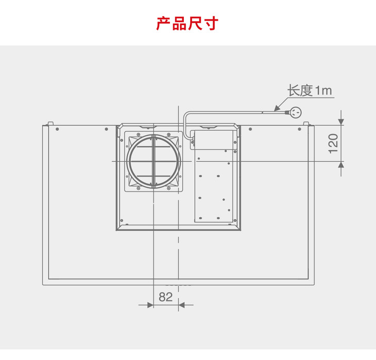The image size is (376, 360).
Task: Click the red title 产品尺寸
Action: [x=187, y=24]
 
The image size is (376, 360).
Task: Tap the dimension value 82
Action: [x=166, y=297]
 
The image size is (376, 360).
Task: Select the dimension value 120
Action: [x=333, y=144]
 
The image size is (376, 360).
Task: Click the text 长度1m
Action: [x=310, y=91]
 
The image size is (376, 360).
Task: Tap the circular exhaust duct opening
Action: [x=153, y=161]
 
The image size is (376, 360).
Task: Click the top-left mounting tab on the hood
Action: [x=50, y=124]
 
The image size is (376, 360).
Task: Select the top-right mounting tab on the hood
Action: [x=306, y=124]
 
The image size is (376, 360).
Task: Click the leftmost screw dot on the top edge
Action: [x=57, y=129]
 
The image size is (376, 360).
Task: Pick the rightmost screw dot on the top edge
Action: [x=299, y=129]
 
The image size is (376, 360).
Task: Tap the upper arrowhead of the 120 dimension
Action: [x=341, y=122]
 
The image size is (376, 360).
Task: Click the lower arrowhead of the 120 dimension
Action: [x=341, y=165]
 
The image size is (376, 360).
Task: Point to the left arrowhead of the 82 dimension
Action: [x=150, y=305]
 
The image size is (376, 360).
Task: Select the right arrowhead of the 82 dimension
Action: [x=182, y=305]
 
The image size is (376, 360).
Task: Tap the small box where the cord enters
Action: [x=192, y=142]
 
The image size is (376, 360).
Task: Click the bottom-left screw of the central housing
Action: [x=122, y=220]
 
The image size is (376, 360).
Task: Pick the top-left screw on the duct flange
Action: [x=138, y=134]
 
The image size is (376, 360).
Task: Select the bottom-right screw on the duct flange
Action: [x=168, y=188]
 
